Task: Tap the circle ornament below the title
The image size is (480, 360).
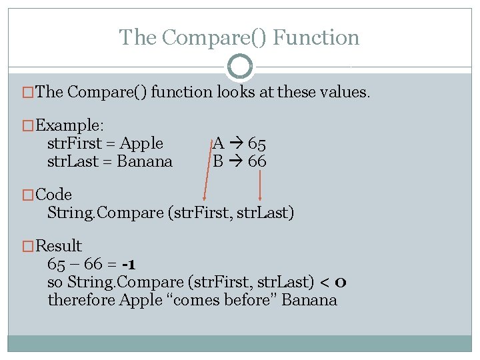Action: [x=240, y=67]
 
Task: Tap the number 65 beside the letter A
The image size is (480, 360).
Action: [x=257, y=143]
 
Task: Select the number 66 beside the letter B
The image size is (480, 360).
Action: [x=257, y=161]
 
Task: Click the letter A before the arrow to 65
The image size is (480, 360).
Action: [x=218, y=143]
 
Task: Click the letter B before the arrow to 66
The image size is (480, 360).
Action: [x=218, y=161]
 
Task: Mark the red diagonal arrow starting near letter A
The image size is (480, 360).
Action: [x=209, y=170]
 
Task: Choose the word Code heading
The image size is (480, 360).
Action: [x=53, y=195]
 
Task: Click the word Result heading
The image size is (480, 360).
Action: [x=59, y=246]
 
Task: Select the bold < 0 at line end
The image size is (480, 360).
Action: [x=333, y=282]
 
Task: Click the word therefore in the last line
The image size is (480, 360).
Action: [x=81, y=300]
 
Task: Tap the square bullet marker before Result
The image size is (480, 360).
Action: [x=29, y=247]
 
